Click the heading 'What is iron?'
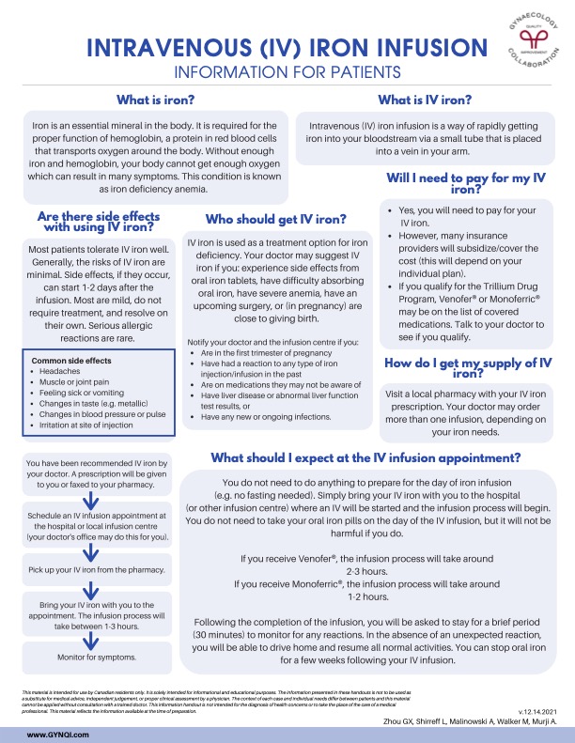(155, 101)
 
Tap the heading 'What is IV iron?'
(425, 101)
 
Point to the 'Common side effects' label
(70, 360)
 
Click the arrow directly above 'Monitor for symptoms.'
(92, 635)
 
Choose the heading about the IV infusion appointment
(366, 457)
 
